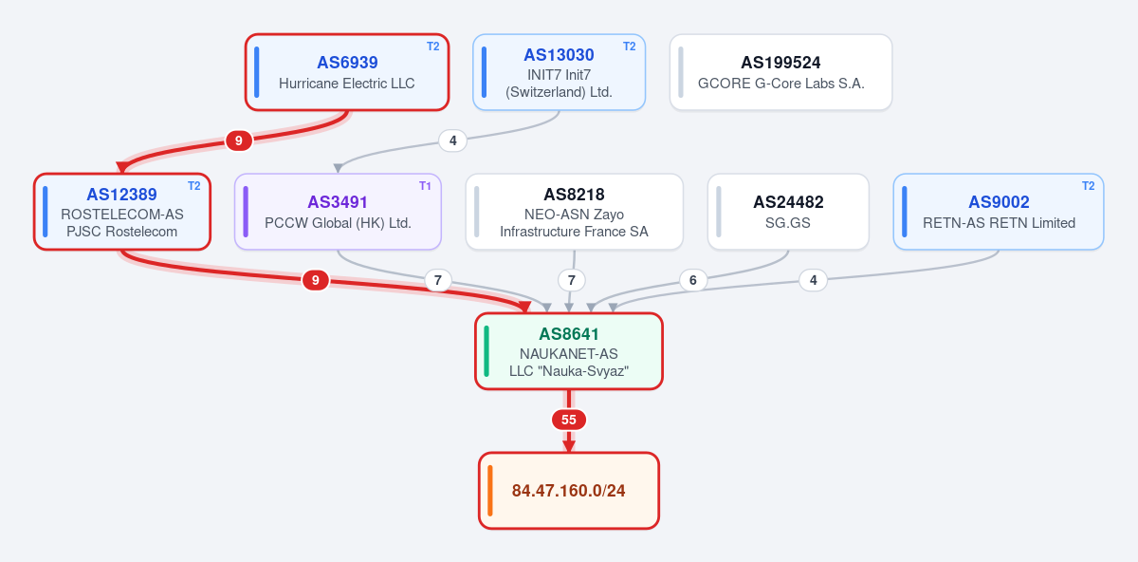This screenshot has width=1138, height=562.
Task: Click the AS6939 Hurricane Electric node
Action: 347,72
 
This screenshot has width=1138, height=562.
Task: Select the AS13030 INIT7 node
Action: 559,72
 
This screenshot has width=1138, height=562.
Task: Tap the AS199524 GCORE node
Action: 780,72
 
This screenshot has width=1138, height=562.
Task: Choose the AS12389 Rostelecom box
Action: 122,212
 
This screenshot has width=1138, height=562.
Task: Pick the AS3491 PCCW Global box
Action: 338,212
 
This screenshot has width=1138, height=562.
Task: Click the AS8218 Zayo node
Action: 574,212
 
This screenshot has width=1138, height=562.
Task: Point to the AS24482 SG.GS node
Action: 788,212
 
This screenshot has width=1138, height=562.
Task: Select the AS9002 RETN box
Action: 999,212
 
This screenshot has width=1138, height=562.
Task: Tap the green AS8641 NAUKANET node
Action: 568,351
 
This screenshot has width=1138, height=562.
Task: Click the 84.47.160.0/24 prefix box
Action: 568,491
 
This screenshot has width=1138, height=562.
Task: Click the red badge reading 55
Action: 568,420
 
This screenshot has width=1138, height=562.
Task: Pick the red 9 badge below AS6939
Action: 239,140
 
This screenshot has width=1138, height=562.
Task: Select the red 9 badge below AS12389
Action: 316,280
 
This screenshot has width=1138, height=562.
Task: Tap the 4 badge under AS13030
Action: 452,140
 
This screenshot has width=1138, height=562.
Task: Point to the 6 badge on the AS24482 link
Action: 693,280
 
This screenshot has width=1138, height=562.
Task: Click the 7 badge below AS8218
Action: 572,280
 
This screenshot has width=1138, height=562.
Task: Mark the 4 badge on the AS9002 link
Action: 814,280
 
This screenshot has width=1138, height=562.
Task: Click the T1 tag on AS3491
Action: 425,186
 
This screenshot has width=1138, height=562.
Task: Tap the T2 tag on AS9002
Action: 1089,186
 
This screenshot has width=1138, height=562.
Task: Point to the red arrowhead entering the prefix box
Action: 568,446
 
